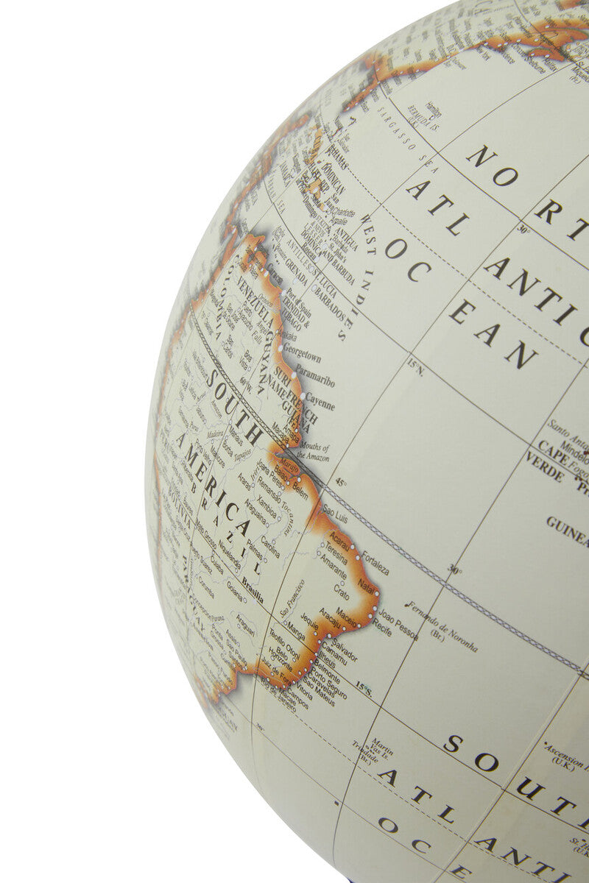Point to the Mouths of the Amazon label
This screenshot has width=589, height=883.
coord(312,452)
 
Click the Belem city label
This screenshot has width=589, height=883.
coord(300,486)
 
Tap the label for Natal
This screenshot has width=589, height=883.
coord(367,586)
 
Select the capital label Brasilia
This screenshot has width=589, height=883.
coord(253,593)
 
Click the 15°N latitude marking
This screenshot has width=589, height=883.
coord(417,366)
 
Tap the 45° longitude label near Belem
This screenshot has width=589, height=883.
coord(341,483)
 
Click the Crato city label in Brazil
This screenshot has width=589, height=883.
coord(341,589)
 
